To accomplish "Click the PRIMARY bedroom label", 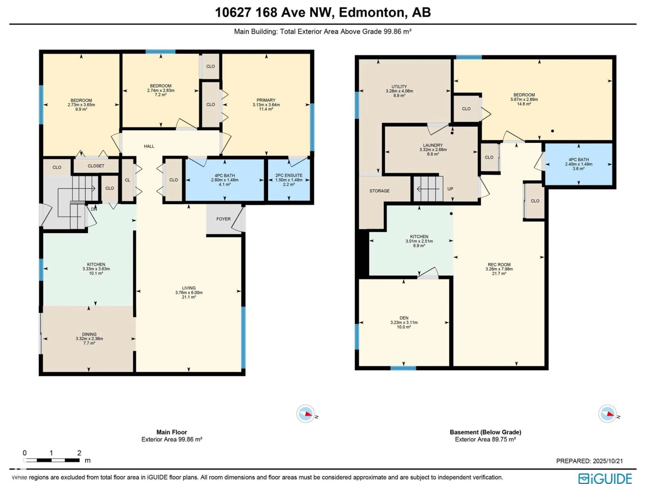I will coord(266,100).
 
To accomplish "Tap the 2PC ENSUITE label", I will coord(289,175).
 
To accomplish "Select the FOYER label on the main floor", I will coord(223,219).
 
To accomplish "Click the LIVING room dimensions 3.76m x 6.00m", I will coord(189,292).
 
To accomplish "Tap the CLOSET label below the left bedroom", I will coord(96,166).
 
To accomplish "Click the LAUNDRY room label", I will coord(433,145).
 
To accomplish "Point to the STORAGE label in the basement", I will coord(379,191).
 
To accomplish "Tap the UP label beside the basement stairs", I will coord(450,189).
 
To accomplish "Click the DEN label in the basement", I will coord(404,318).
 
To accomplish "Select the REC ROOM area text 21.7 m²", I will coord(499,273).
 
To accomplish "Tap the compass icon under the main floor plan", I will coord(306,413).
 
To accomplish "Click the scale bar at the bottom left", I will coord(51,460).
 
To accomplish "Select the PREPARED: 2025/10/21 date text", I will coord(589,461).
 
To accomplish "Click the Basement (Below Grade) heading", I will coord(485,432).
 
